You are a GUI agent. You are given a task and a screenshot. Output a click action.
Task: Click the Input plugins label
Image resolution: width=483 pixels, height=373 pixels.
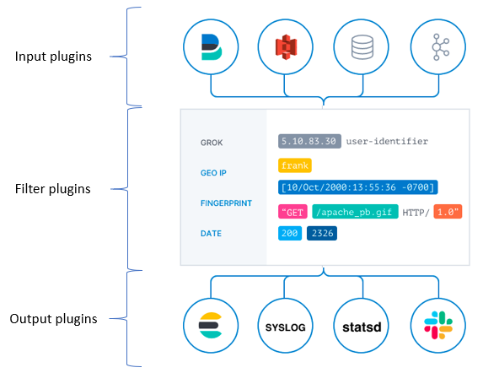coord(54,57)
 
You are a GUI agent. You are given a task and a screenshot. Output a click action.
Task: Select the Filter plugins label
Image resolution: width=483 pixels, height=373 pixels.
coord(53,187)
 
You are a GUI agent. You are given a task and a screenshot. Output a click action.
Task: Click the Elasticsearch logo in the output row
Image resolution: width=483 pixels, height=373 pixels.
coord(211,325)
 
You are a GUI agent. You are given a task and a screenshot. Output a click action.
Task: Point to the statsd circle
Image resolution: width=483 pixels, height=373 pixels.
coord(362,326)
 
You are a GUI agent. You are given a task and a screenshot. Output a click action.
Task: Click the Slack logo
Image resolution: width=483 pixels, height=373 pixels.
coord(437,325)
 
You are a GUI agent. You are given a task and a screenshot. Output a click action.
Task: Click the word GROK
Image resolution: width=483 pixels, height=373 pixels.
coord(212,142)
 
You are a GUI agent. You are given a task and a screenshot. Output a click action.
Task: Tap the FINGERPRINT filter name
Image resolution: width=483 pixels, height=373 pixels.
coord(224,203)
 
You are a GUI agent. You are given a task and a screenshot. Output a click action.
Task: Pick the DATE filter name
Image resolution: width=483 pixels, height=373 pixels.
coord(212,233)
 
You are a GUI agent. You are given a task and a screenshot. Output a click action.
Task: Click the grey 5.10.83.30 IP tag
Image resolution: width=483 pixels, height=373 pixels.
coord(309,141)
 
